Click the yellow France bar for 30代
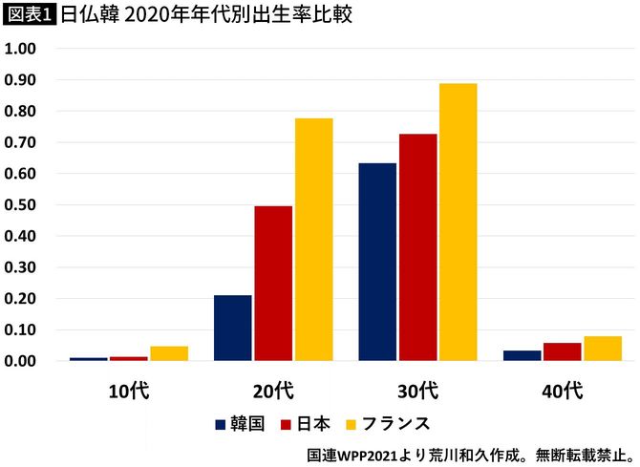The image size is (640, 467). [x=458, y=223]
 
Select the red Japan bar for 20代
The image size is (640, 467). [x=273, y=284]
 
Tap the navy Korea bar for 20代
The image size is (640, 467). [x=233, y=328]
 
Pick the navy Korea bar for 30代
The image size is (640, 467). [x=377, y=262]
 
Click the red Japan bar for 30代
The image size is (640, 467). [x=417, y=247]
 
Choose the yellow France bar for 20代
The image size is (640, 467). [x=313, y=240]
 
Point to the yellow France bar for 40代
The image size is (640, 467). [x=602, y=349]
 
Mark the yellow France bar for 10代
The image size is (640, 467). [x=169, y=353]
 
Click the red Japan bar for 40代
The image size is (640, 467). [x=562, y=351]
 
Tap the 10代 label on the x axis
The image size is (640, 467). [x=129, y=390]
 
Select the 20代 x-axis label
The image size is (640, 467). [x=273, y=390]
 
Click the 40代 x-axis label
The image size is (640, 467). [x=562, y=390]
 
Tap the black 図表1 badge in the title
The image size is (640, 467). [x=30, y=16]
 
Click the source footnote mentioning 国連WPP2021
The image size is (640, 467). [x=468, y=453]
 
